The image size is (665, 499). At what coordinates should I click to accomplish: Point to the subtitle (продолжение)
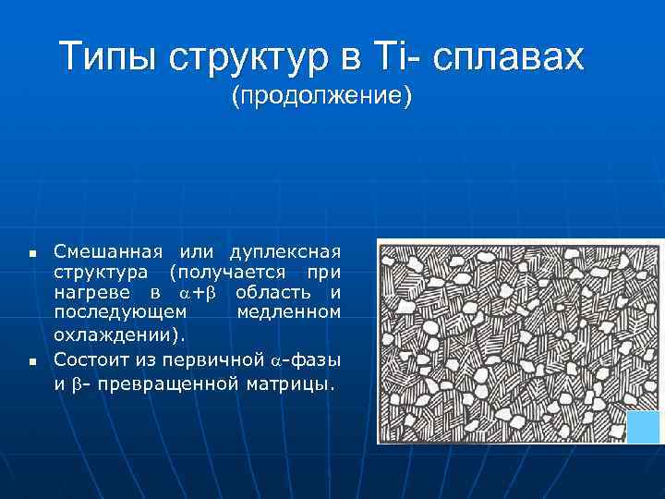(x=321, y=96)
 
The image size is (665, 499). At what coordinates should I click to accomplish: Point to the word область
(x=272, y=293)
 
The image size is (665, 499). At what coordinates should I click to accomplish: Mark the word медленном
(x=288, y=312)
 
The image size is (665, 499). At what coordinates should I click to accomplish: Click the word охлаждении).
(x=119, y=335)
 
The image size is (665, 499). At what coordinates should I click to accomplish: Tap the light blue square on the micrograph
(x=643, y=427)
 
